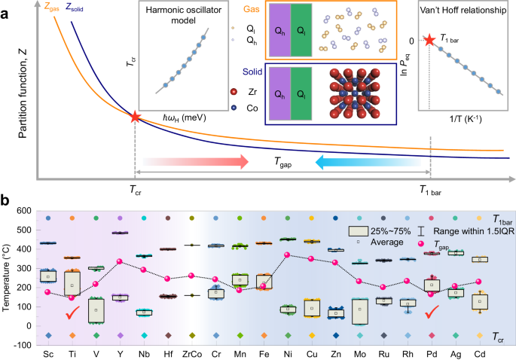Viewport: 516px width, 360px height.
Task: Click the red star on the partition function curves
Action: pyautogui.click(x=134, y=117)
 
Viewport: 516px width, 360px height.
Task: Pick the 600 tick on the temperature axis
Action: pyautogui.click(x=27, y=210)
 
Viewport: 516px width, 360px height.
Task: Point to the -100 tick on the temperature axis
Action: pyautogui.click(x=26, y=345)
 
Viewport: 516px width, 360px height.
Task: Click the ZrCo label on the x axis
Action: pyautogui.click(x=194, y=353)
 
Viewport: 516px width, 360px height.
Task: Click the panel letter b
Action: pyautogui.click(x=5, y=202)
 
